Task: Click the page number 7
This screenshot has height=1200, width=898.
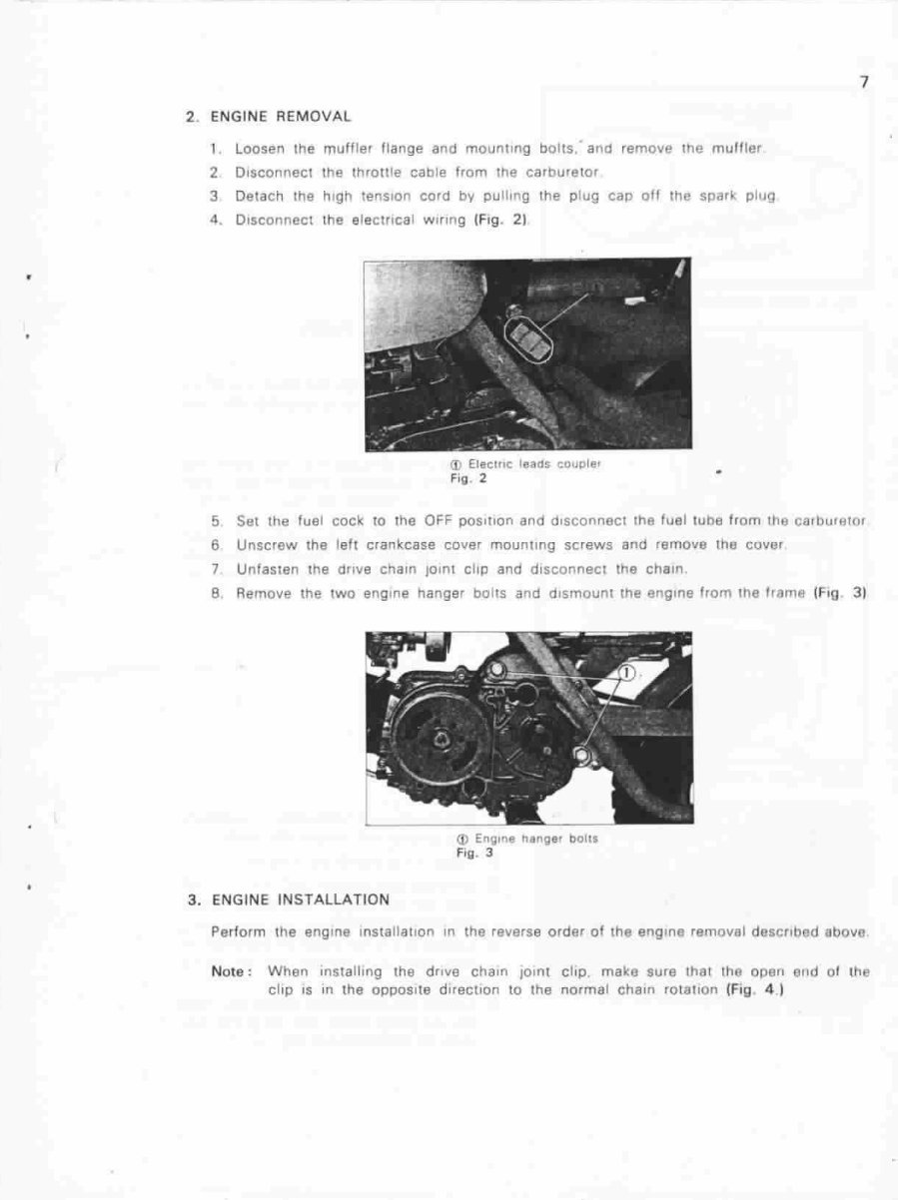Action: (864, 83)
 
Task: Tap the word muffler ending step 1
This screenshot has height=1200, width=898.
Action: (740, 149)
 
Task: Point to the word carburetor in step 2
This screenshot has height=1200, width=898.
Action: (561, 172)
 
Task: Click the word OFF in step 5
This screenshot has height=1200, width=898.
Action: (439, 521)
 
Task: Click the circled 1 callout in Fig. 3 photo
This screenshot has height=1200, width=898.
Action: (626, 674)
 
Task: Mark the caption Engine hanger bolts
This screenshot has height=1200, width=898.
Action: (535, 839)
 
